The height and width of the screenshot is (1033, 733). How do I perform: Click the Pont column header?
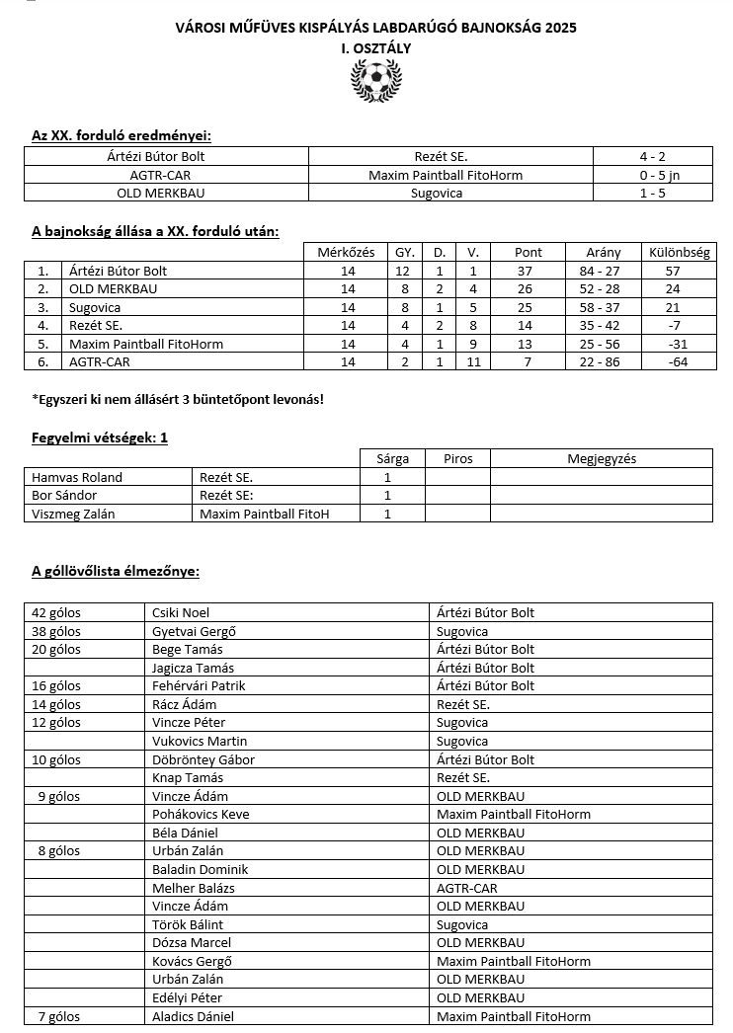point(529,252)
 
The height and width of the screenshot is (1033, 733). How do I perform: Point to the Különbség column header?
point(677,252)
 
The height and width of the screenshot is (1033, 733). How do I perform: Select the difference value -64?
point(677,362)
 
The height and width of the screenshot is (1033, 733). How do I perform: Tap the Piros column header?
point(457,458)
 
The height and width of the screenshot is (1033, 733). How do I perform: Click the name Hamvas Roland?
point(77,477)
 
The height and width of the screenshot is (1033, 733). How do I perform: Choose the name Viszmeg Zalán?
point(74,514)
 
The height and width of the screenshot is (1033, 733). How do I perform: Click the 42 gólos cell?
point(56,612)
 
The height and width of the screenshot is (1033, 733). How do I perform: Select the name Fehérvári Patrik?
point(199,685)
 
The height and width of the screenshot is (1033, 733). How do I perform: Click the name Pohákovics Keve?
point(201,814)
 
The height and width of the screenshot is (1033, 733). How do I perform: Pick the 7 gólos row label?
point(59,1016)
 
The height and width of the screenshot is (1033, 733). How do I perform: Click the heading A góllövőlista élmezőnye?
point(116,571)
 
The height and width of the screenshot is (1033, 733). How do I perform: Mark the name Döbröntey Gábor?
point(204,759)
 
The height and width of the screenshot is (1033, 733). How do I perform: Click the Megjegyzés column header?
point(601,458)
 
